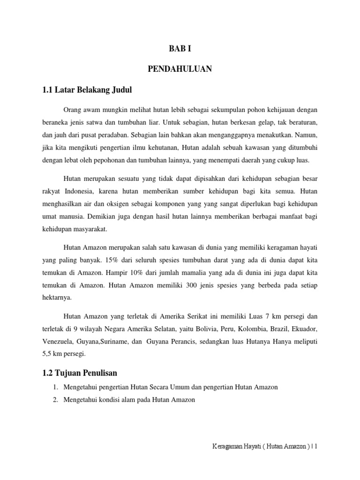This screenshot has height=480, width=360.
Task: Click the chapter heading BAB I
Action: [x=180, y=49]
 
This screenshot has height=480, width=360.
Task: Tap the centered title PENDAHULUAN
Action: [x=180, y=69]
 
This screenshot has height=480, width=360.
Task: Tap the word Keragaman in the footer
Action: [x=226, y=461]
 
